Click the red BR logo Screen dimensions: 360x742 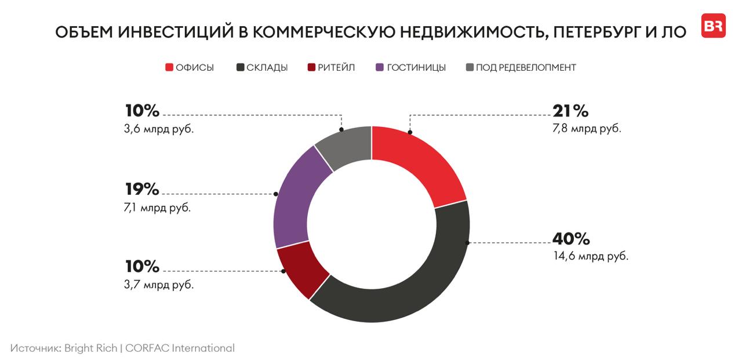pyautogui.click(x=713, y=26)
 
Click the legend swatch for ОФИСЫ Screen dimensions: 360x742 pyautogui.click(x=169, y=67)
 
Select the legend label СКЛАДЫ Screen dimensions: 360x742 pyautogui.click(x=267, y=67)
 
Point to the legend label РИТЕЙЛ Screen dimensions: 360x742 pyautogui.click(x=336, y=67)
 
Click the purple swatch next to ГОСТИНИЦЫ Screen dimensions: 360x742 pyautogui.click(x=380, y=67)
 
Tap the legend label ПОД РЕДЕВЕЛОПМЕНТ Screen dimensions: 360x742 pyautogui.click(x=526, y=67)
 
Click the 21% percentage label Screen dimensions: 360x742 pyautogui.click(x=570, y=111)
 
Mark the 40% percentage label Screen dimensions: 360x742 pyautogui.click(x=571, y=238)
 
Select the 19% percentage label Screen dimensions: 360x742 pyautogui.click(x=141, y=189)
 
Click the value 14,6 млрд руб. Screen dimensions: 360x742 pyautogui.click(x=591, y=256)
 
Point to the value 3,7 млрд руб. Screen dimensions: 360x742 pyautogui.click(x=159, y=285)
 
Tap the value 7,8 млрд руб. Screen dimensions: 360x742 pyautogui.click(x=587, y=129)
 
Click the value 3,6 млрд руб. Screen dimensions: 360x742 pyautogui.click(x=159, y=129)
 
